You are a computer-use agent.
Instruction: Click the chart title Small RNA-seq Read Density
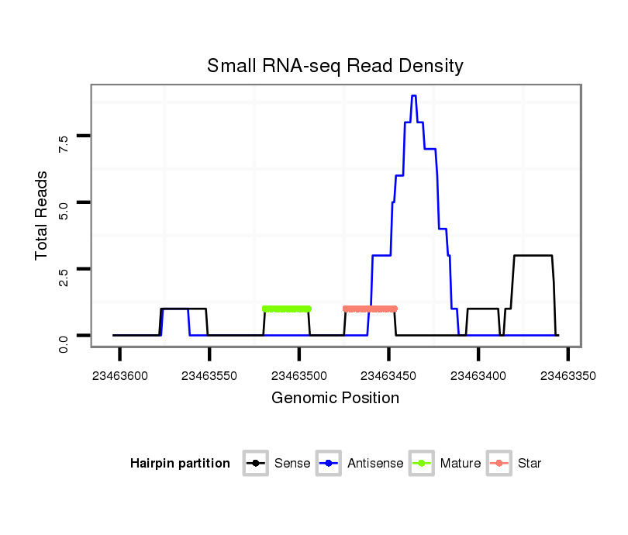click(335, 66)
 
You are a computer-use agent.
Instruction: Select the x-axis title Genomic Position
click(335, 399)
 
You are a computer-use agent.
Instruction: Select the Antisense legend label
click(375, 464)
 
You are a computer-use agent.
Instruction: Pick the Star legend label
click(530, 464)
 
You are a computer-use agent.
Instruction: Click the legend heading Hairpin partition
click(180, 464)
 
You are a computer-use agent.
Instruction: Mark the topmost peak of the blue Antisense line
click(414, 96)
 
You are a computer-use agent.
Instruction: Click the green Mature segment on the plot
click(287, 309)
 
